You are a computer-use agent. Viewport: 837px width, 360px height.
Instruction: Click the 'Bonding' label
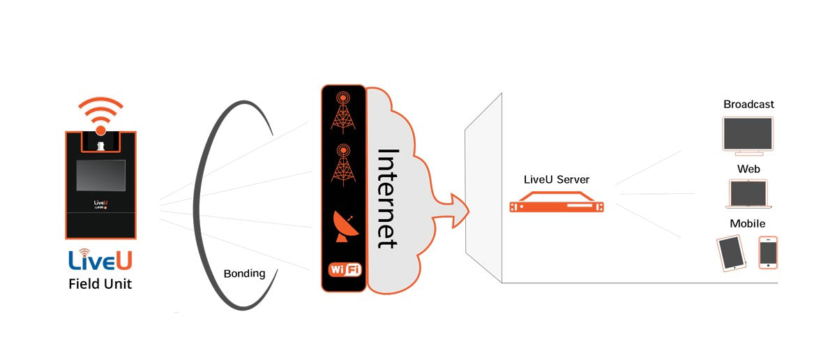(x=244, y=273)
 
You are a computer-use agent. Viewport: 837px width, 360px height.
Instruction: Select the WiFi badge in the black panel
(x=344, y=269)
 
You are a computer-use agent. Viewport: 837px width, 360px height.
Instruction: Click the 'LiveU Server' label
(x=556, y=180)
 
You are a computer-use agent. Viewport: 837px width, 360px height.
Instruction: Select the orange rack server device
(x=556, y=206)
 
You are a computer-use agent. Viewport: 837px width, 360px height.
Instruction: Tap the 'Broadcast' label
(x=748, y=105)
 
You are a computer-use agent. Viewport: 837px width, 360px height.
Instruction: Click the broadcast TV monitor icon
(x=748, y=135)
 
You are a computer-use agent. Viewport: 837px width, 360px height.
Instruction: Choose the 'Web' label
(x=748, y=169)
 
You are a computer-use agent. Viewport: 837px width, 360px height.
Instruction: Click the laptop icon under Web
(x=747, y=194)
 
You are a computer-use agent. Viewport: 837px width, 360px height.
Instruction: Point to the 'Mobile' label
(x=747, y=224)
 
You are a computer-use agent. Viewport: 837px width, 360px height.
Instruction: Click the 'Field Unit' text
(x=100, y=284)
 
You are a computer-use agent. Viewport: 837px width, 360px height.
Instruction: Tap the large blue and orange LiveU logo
(x=100, y=260)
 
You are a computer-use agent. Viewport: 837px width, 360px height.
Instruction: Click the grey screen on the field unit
(x=100, y=175)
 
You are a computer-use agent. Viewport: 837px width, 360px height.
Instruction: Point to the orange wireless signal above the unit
(x=100, y=114)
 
